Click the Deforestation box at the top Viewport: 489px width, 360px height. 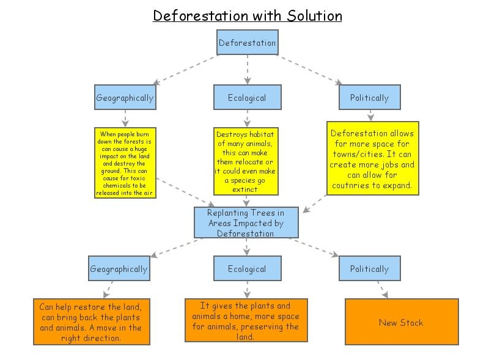pyautogui.click(x=247, y=42)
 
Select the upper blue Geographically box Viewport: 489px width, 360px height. pyautogui.click(x=125, y=97)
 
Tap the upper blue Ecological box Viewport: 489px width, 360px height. pyautogui.click(x=247, y=97)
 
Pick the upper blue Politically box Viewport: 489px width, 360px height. pyautogui.click(x=369, y=97)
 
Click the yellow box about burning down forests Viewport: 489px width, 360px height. pyautogui.click(x=125, y=163)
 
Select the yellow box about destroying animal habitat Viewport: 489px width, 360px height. pyautogui.click(x=246, y=161)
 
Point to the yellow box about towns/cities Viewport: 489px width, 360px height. pyautogui.click(x=372, y=158)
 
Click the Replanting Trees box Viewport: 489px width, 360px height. pyautogui.click(x=246, y=222)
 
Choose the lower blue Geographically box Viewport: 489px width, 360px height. pyautogui.click(x=119, y=268)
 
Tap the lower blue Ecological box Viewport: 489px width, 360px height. pyautogui.click(x=247, y=268)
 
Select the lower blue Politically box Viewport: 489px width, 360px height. pyautogui.click(x=369, y=268)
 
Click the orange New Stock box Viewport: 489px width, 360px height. pyautogui.click(x=401, y=322)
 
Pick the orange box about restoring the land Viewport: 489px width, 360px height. pyautogui.click(x=91, y=322)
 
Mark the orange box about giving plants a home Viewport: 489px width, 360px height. pyautogui.click(x=246, y=320)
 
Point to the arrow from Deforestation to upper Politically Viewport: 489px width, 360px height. pyautogui.click(x=308, y=68)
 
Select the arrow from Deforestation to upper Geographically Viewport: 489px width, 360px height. pyautogui.click(x=186, y=69)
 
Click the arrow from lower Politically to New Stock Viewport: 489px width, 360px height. pyautogui.click(x=383, y=289)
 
